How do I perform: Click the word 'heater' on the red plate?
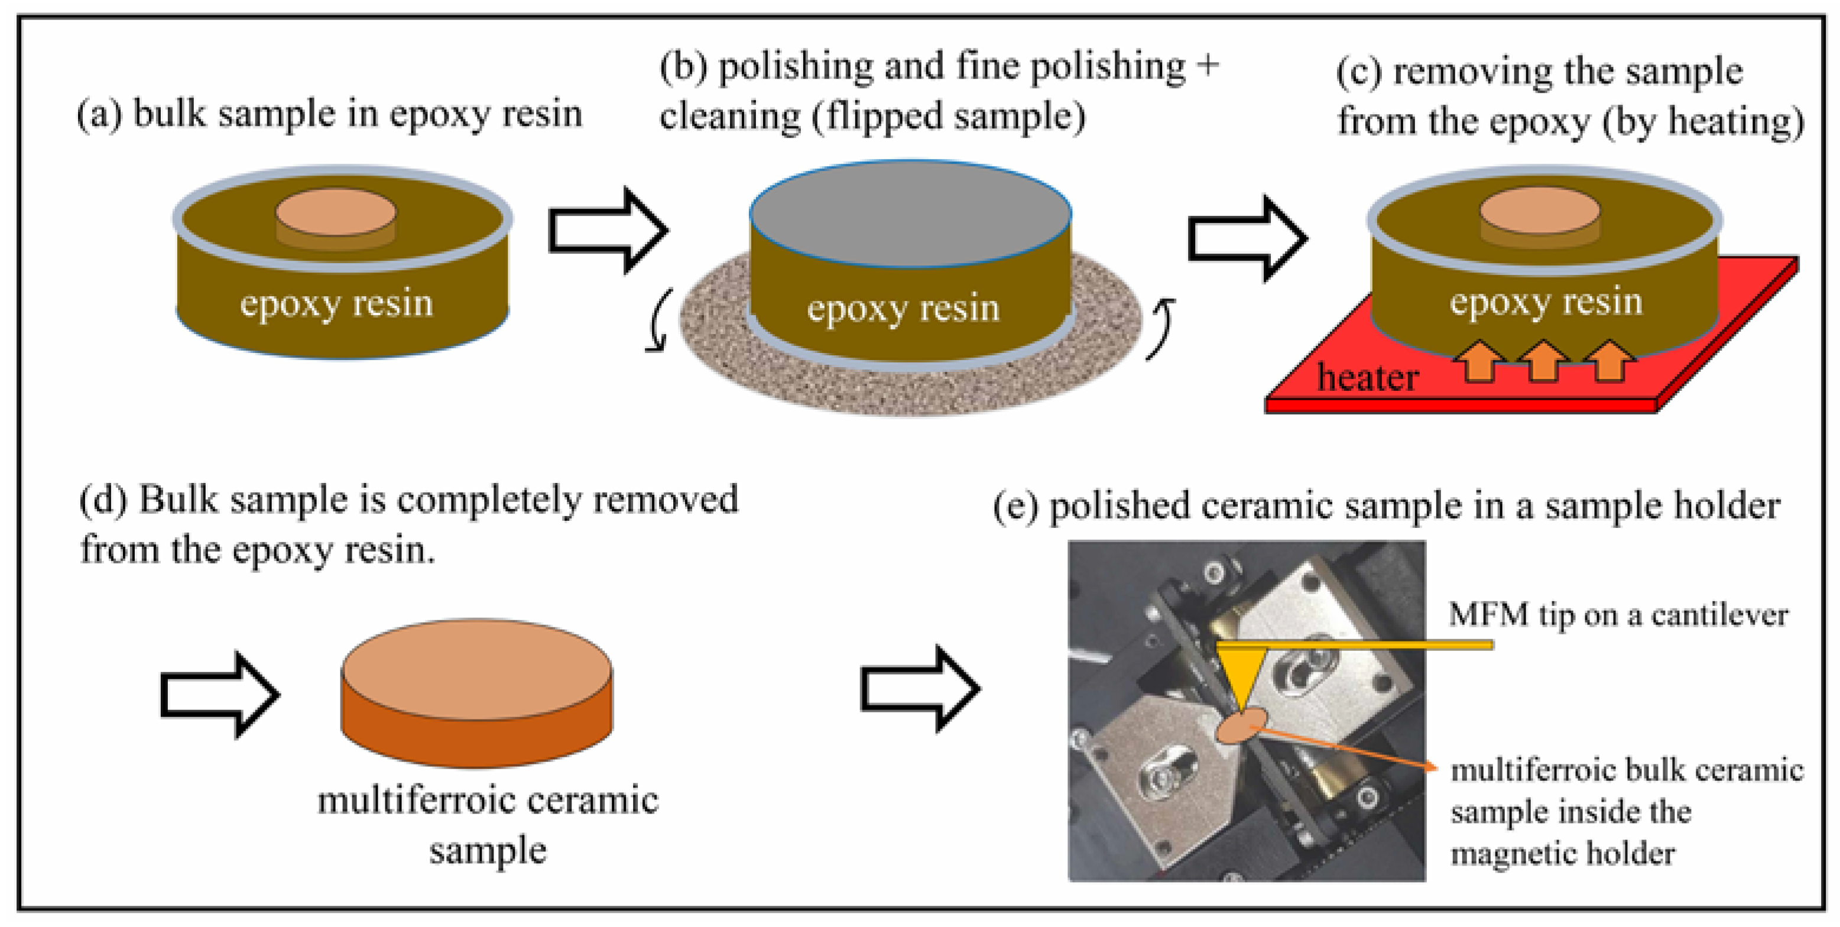pos(1367,377)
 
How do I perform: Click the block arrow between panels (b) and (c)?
pos(1248,238)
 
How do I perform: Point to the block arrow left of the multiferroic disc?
pos(220,694)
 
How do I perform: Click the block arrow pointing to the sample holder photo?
pos(921,689)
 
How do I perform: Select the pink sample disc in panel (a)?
pos(336,212)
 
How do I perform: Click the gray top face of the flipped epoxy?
pos(910,213)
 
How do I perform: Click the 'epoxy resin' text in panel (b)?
pos(903,309)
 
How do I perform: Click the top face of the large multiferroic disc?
pos(476,669)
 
